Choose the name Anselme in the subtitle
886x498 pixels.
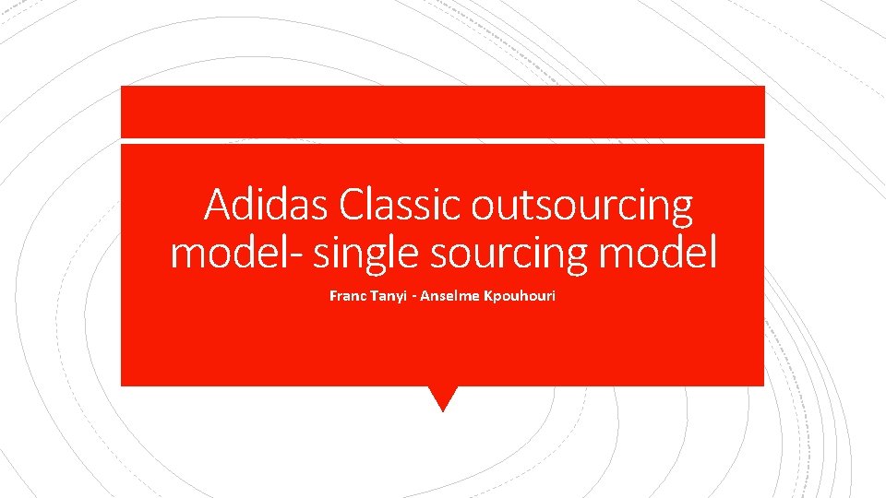pyautogui.click(x=453, y=297)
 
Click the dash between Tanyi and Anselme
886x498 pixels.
pyautogui.click(x=415, y=298)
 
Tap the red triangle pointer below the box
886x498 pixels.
pyautogui.click(x=443, y=397)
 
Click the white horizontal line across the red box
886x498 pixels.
pyautogui.click(x=443, y=140)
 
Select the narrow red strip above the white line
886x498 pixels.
pyautogui.click(x=443, y=112)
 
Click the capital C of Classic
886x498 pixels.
pyautogui.click(x=352, y=205)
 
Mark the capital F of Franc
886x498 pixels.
pyautogui.click(x=333, y=297)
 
